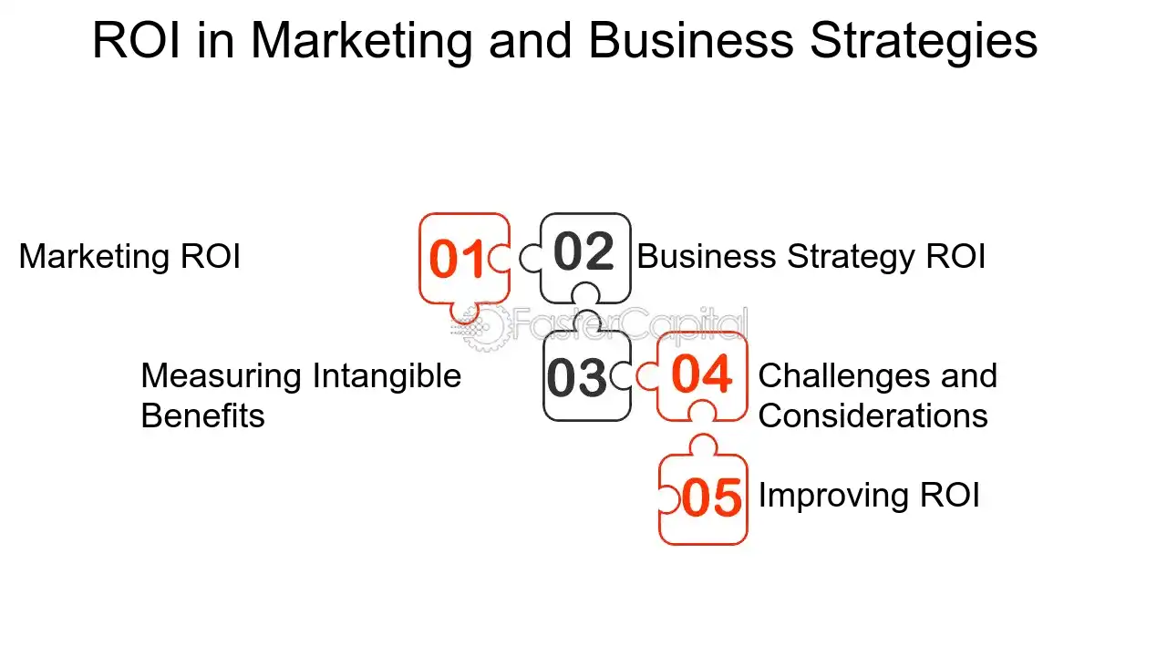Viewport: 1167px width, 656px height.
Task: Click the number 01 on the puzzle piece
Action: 457,259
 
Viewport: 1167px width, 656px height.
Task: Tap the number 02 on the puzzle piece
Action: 583,251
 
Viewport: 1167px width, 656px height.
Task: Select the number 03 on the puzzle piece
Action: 577,378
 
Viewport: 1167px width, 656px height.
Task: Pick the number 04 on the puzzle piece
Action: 702,374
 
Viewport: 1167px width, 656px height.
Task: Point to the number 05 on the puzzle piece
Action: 711,498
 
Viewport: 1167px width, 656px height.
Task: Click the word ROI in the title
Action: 137,40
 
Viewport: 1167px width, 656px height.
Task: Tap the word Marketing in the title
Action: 362,43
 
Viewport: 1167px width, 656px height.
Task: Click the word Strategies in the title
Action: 924,43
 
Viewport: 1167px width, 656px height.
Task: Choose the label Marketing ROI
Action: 129,257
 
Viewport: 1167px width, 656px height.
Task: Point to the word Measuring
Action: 222,377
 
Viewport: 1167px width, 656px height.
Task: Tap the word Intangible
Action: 387,377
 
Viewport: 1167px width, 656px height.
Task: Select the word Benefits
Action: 202,416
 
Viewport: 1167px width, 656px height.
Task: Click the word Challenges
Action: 844,377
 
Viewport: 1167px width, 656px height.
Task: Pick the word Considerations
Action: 873,416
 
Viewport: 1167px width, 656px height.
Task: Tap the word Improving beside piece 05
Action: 833,496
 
